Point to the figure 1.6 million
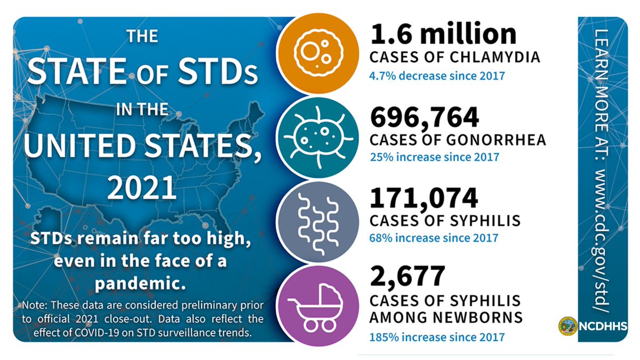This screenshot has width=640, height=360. pyautogui.click(x=443, y=35)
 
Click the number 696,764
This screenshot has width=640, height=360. pyautogui.click(x=425, y=118)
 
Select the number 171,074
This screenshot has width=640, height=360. pyautogui.click(x=424, y=198)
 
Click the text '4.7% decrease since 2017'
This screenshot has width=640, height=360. pyautogui.click(x=437, y=75)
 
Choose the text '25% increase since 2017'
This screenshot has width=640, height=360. pyautogui.click(x=434, y=157)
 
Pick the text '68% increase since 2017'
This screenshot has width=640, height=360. pyautogui.click(x=434, y=238)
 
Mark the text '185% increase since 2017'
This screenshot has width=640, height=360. pyautogui.click(x=436, y=337)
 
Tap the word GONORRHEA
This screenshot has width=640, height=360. pyautogui.click(x=501, y=140)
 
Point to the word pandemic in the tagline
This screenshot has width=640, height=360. pyautogui.click(x=141, y=283)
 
